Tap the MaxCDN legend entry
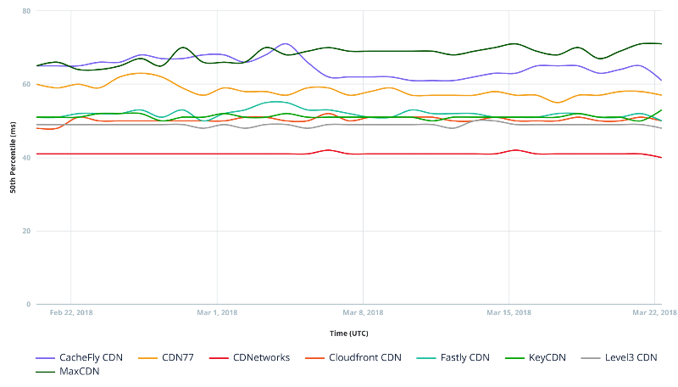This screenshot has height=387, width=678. [x=76, y=371]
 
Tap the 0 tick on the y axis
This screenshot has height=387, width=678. [x=28, y=304]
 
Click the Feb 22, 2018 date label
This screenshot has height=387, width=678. [x=71, y=312]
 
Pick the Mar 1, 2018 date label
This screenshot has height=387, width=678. [x=217, y=312]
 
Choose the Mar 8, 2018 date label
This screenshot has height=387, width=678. [x=363, y=312]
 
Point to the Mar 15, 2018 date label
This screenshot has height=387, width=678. [x=508, y=312]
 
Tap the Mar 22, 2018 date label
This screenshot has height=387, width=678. [x=654, y=312]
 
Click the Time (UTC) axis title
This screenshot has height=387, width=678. [x=348, y=334]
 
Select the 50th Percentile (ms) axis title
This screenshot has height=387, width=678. [x=13, y=158]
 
